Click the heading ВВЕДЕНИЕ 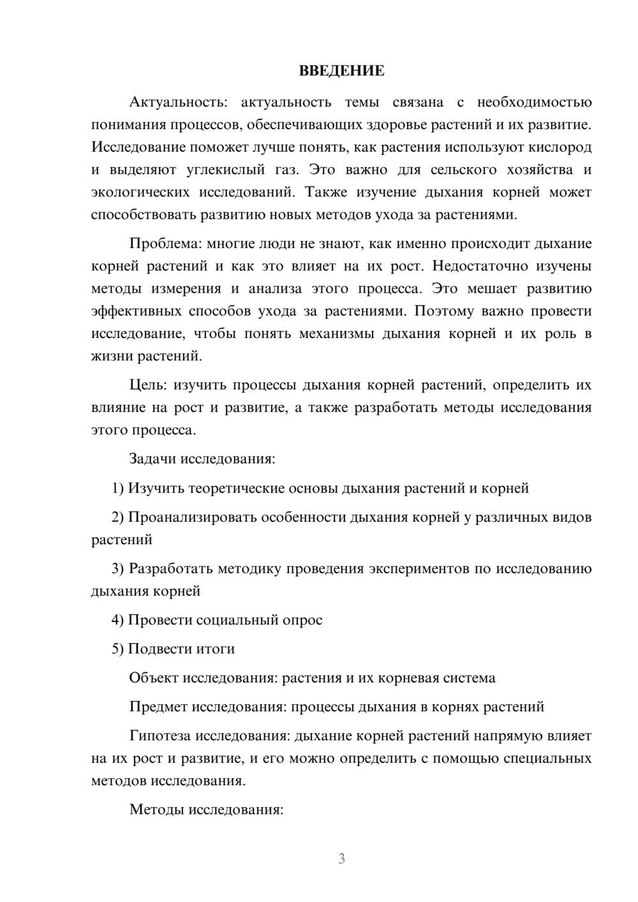click(341, 71)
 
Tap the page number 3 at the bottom click(341, 859)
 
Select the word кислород click(560, 147)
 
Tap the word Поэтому click(444, 311)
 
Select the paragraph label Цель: click(148, 385)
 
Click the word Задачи click(153, 459)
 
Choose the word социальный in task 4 click(237, 620)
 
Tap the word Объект click(154, 677)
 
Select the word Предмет click(158, 707)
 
